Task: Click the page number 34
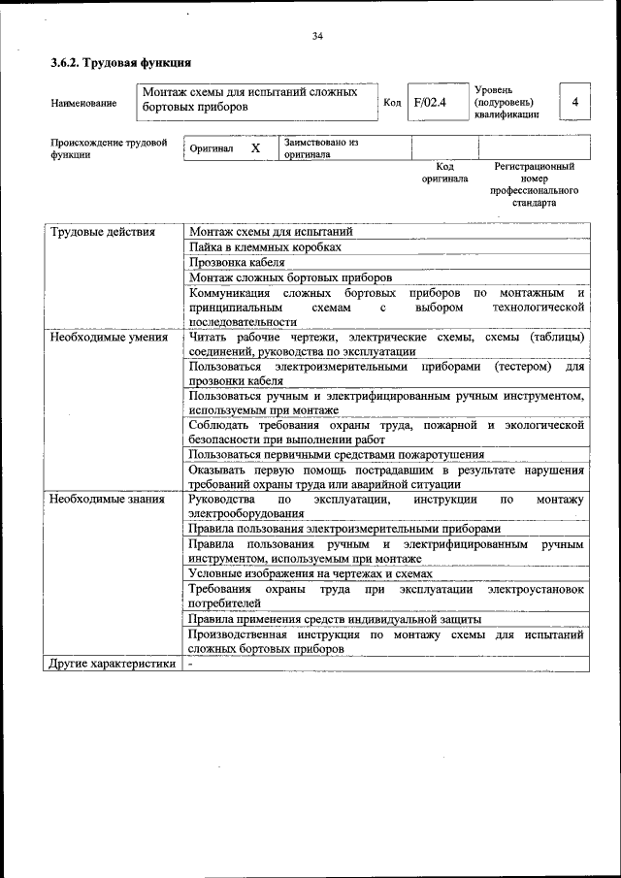[317, 36]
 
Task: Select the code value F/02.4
[429, 102]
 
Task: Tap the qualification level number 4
[575, 102]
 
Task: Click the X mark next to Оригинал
[255, 148]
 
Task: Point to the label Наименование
[83, 103]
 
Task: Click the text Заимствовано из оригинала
[321, 148]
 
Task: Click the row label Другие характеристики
[113, 664]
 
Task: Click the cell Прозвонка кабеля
[237, 262]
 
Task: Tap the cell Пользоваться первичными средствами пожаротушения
[337, 454]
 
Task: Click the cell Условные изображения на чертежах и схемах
[310, 573]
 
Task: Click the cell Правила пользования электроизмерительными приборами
[344, 529]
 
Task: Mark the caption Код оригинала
[444, 173]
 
